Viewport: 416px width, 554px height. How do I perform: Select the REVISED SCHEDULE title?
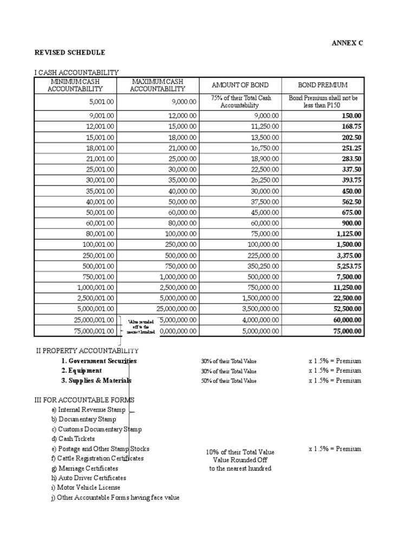click(x=70, y=52)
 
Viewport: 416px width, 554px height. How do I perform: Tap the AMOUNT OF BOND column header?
click(x=239, y=85)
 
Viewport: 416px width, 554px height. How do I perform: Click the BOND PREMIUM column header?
click(x=323, y=85)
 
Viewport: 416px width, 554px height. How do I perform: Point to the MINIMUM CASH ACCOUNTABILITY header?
click(x=75, y=85)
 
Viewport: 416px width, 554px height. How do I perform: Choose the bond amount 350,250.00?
click(x=259, y=266)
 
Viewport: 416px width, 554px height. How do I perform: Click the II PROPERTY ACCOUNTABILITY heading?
click(x=87, y=351)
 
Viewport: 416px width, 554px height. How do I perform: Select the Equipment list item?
click(x=81, y=371)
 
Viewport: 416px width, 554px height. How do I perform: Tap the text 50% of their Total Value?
click(x=229, y=381)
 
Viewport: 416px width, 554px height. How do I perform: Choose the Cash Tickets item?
click(x=73, y=439)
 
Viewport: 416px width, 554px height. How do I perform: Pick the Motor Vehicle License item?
click(x=86, y=487)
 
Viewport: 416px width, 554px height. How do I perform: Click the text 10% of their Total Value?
click(x=240, y=452)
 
